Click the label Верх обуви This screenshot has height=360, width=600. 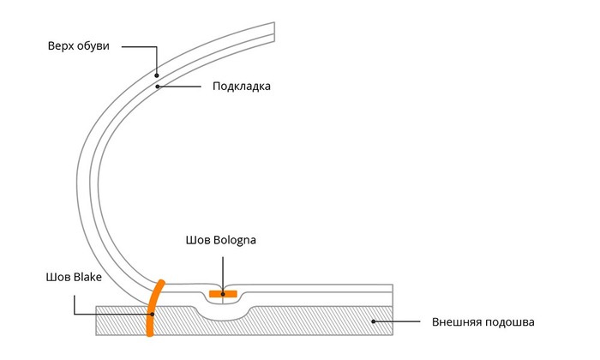78,45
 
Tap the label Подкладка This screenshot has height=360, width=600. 241,87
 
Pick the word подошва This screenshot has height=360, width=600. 511,323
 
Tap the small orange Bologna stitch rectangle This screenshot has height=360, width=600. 223,295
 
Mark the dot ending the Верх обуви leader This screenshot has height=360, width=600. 158,75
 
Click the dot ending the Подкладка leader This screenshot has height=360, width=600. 157,87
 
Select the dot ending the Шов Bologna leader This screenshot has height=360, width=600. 223,294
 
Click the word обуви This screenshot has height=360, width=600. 93,45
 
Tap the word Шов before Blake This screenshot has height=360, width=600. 57,277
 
